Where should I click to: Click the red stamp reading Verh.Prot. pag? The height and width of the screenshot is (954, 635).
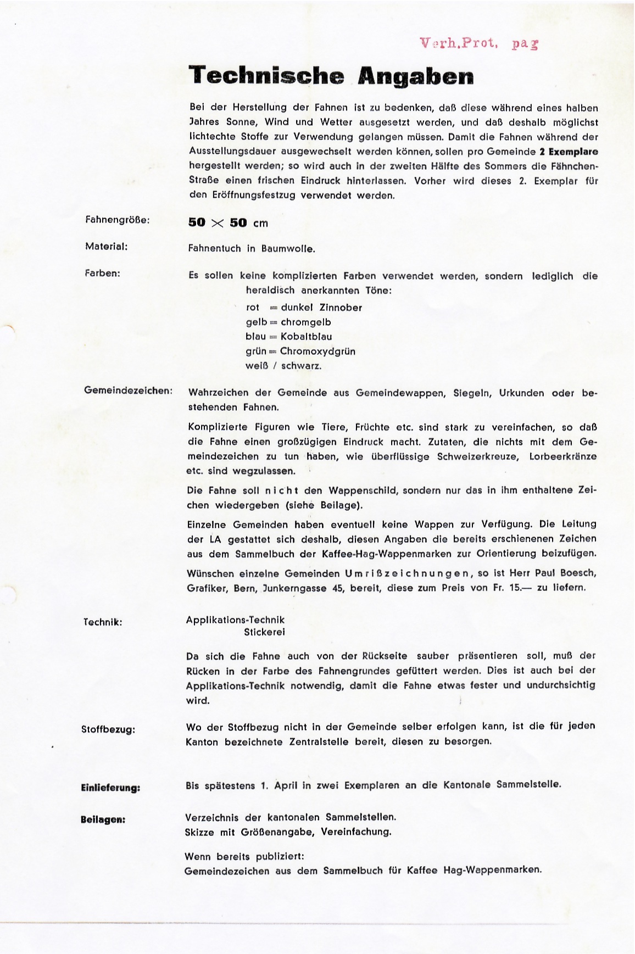pyautogui.click(x=478, y=43)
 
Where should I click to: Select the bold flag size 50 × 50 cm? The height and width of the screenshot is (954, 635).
pyautogui.click(x=228, y=222)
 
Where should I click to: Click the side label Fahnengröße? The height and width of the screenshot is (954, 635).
pyautogui.click(x=118, y=220)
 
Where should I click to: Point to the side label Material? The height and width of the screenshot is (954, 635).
pyautogui.click(x=107, y=246)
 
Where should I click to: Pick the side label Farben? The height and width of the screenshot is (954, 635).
pyautogui.click(x=103, y=273)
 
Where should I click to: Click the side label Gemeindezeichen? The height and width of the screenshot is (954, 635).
pyautogui.click(x=128, y=390)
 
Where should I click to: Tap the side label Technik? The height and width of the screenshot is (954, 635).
pyautogui.click(x=103, y=622)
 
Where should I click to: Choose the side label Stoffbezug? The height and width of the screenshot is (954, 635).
pyautogui.click(x=108, y=729)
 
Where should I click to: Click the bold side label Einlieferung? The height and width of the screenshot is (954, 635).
pyautogui.click(x=110, y=788)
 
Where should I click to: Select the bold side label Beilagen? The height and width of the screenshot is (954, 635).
pyautogui.click(x=103, y=819)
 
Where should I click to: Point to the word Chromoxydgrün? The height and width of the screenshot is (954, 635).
pyautogui.click(x=317, y=352)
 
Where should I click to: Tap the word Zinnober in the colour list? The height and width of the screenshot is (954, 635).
pyautogui.click(x=341, y=308)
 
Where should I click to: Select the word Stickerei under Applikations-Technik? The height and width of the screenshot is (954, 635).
pyautogui.click(x=265, y=632)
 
